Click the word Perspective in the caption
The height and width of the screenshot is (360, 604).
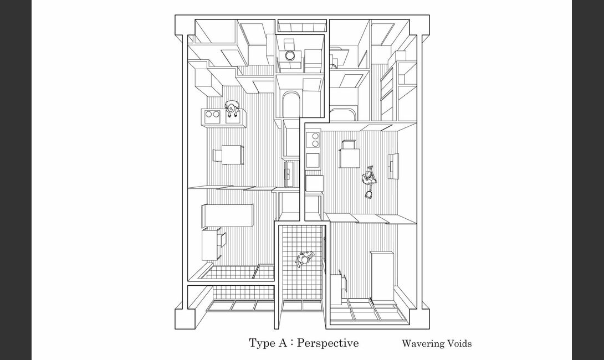(328, 343)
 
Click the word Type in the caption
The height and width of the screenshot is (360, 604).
(262, 343)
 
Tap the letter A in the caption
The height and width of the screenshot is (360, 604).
(282, 343)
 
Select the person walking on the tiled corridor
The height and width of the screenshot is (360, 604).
(305, 259)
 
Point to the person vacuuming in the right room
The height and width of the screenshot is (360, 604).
(368, 178)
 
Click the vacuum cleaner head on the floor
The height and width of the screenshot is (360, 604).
(369, 194)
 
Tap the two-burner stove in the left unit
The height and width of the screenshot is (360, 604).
(212, 114)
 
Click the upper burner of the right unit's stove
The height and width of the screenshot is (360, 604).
(315, 136)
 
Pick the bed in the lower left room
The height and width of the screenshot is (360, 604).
(227, 215)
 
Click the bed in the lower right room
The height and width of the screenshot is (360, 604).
(381, 275)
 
